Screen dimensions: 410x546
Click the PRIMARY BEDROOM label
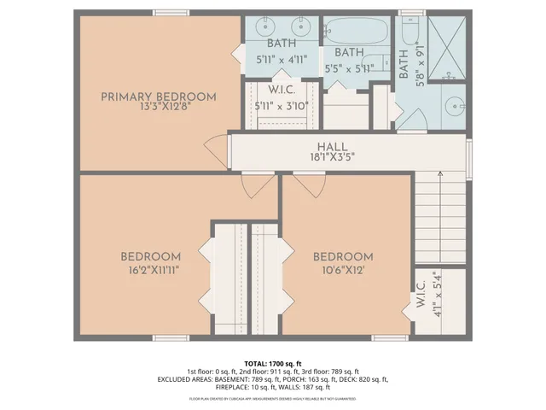click(158, 97)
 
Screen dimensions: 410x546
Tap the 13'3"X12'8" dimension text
click(158, 108)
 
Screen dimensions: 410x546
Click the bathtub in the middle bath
click(354, 33)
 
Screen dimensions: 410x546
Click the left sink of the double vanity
click(262, 24)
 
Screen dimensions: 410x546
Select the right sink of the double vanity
click(301, 24)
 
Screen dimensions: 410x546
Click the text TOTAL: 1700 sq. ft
click(272, 364)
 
